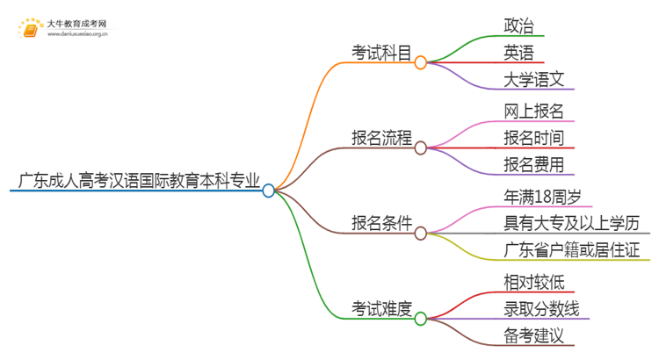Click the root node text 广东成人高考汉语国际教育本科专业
point(138,183)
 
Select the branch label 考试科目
point(381,54)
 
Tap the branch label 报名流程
point(381,139)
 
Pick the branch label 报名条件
point(381,224)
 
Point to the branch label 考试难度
point(381,309)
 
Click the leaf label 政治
point(518,25)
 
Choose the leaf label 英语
point(518,53)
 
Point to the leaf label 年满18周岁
point(545,195)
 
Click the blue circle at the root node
point(269,190)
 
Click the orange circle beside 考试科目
point(421,62)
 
